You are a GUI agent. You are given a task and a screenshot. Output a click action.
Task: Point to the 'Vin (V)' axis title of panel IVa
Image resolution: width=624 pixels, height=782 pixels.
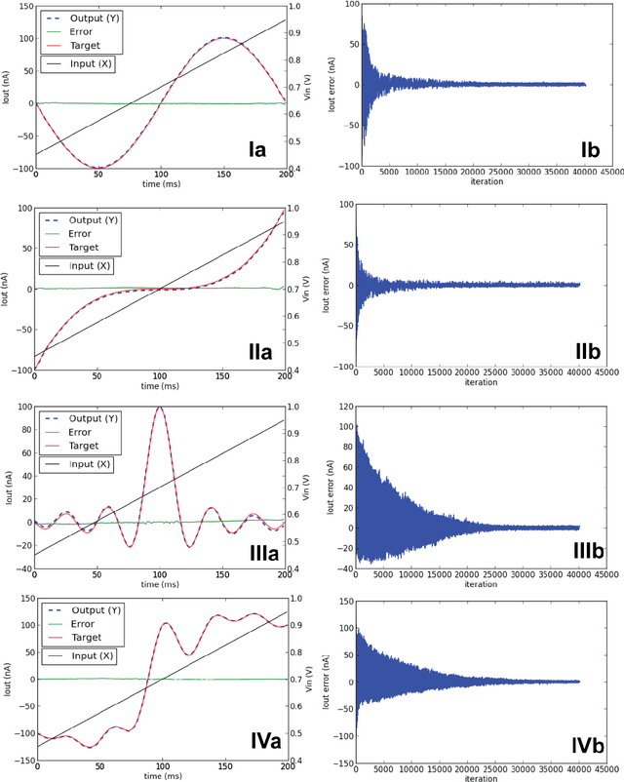click(x=310, y=679)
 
